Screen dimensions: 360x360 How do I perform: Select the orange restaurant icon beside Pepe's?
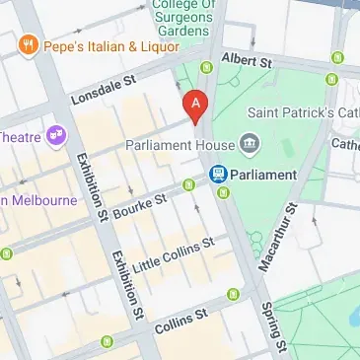26,46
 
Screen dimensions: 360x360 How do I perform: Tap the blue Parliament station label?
263,175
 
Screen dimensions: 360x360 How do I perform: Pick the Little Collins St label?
174,252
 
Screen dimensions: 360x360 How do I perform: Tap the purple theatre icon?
56,132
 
